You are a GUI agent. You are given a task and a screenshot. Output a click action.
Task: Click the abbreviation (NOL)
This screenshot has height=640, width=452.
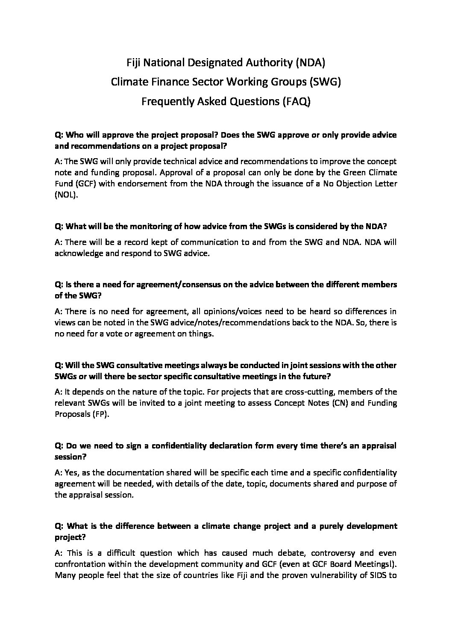[x=67, y=195]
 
